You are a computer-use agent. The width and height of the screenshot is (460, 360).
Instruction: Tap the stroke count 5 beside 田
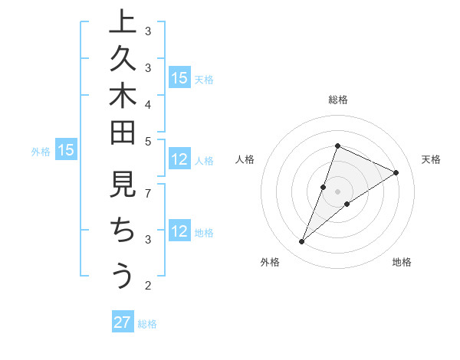(x=148, y=141)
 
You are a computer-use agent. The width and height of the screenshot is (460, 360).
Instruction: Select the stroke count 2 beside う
(x=148, y=286)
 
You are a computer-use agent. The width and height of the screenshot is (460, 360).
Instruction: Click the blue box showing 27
(x=122, y=322)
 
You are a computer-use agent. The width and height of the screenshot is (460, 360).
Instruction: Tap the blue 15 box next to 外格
(x=66, y=151)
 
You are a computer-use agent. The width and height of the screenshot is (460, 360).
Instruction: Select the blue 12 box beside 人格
(x=179, y=160)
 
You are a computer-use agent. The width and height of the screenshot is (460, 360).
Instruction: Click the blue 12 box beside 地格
(x=179, y=232)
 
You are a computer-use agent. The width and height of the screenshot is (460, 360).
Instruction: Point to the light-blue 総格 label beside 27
(x=147, y=324)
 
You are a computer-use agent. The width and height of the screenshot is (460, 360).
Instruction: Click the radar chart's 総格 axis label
(x=338, y=100)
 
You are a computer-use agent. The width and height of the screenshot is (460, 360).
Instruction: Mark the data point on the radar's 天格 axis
(x=396, y=173)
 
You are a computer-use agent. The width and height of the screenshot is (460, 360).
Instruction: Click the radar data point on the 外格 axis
(x=302, y=242)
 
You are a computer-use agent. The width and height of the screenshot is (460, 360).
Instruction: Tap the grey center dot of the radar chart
(x=338, y=191)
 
